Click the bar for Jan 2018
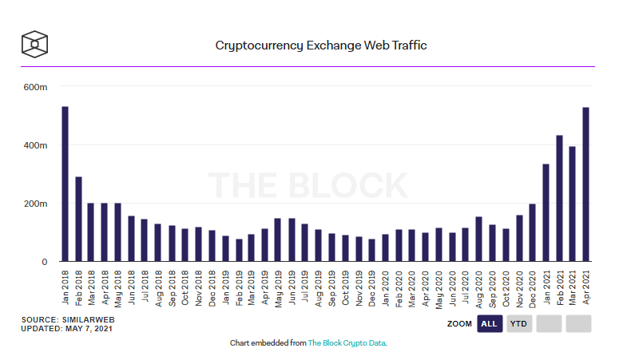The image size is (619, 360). click(x=65, y=184)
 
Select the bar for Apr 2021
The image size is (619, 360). click(x=585, y=184)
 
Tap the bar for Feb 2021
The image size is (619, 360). click(x=559, y=199)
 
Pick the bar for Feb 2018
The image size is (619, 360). click(x=78, y=219)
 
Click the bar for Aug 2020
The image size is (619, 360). click(x=478, y=239)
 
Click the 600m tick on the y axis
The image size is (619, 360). click(x=36, y=87)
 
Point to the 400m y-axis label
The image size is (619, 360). click(x=36, y=145)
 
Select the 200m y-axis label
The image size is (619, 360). click(x=36, y=204)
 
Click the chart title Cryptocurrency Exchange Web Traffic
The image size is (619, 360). click(x=321, y=45)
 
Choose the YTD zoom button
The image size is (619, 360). click(x=518, y=324)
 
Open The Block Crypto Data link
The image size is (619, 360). click(x=347, y=342)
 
